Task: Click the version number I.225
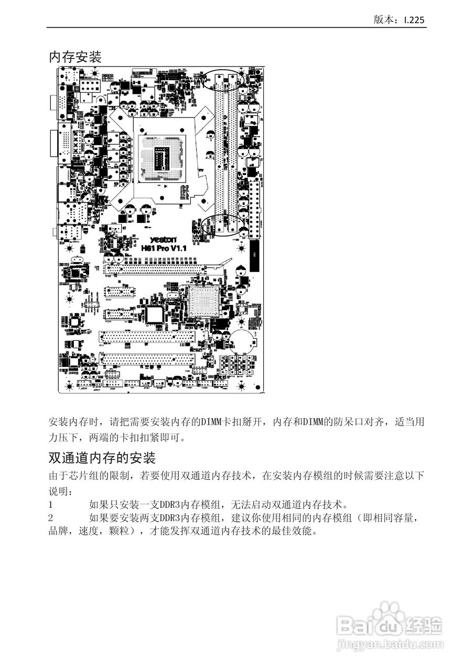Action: click(x=414, y=20)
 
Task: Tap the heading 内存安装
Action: click(x=75, y=57)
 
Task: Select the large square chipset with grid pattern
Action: click(x=204, y=301)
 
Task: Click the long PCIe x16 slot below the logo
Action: click(x=155, y=269)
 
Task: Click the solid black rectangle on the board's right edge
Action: click(x=255, y=256)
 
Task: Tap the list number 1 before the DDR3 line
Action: click(x=51, y=505)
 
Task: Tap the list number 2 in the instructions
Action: click(x=51, y=518)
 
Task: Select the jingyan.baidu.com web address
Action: click(x=389, y=643)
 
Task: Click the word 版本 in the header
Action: click(x=382, y=20)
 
